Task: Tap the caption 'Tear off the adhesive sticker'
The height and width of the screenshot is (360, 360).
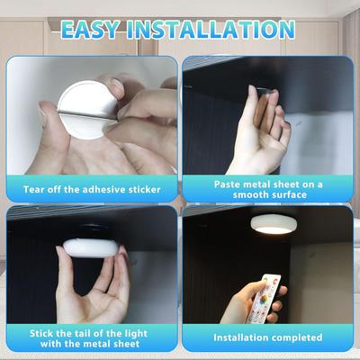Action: [x=91, y=190]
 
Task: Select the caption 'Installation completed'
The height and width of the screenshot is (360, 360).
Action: [x=268, y=337]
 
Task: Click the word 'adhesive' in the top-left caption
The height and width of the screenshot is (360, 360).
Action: [x=114, y=190]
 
